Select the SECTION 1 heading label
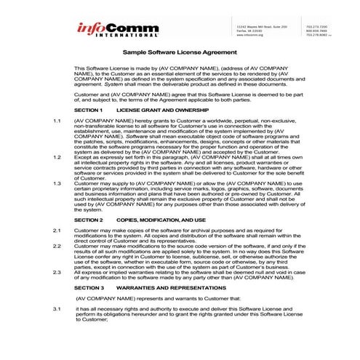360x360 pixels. coord(89,108)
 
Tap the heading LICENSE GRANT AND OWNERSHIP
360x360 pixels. coord(157,108)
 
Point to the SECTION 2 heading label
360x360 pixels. coord(89,218)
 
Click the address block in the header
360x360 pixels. coord(259,30)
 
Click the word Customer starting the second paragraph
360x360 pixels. coord(87,94)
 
